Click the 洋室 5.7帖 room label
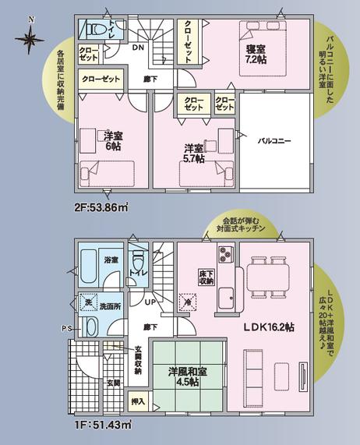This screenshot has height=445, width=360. click(195, 153)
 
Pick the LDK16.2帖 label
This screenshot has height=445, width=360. click(267, 328)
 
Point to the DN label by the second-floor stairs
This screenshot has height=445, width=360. click(138, 48)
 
